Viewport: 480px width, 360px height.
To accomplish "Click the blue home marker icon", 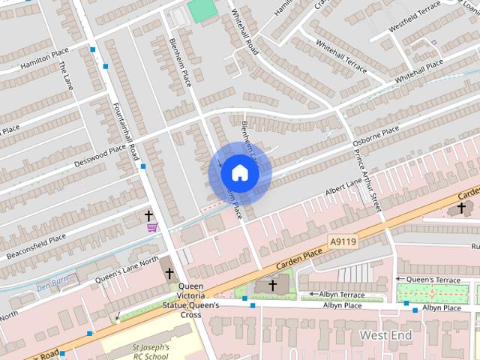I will pyautogui.click(x=239, y=173).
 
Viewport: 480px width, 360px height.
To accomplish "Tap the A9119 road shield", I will pyautogui.click(x=342, y=241).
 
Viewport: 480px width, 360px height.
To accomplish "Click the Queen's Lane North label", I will pyautogui.click(x=127, y=269).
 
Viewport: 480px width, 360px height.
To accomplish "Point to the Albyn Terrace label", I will pyautogui.click(x=341, y=294).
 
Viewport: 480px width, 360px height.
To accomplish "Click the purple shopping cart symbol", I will pyautogui.click(x=152, y=226).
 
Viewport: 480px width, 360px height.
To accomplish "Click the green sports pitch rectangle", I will pyautogui.click(x=201, y=10).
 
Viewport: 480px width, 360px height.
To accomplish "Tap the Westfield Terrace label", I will pyautogui.click(x=413, y=20).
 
